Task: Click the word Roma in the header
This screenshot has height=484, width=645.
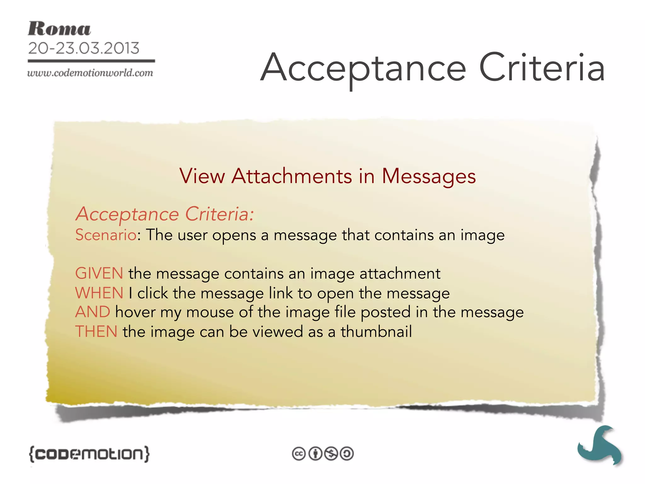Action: pos(59,29)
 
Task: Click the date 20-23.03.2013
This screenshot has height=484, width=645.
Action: pos(83,48)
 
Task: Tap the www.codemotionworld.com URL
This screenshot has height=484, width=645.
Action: pos(90,73)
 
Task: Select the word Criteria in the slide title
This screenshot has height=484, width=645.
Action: pos(541,67)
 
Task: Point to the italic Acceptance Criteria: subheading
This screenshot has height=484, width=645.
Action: pos(164,214)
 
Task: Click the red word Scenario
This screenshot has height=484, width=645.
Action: pos(106,235)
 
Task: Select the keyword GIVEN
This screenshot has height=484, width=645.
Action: pos(99,273)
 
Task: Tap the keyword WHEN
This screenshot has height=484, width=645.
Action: pos(99,293)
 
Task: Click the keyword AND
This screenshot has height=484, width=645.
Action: pos(93,312)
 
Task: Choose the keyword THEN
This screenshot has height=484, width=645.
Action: pos(96,332)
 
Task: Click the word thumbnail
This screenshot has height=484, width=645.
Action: pos(376,332)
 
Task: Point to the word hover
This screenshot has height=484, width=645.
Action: pos(135,312)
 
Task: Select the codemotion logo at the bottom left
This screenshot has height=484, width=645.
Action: pos(89,454)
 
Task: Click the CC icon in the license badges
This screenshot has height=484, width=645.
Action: pos(299,454)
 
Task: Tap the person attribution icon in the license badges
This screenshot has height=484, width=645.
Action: pos(315,454)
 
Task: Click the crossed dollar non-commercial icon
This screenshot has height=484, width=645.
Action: pos(331,454)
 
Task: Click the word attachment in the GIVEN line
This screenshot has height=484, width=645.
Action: pos(400,273)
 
